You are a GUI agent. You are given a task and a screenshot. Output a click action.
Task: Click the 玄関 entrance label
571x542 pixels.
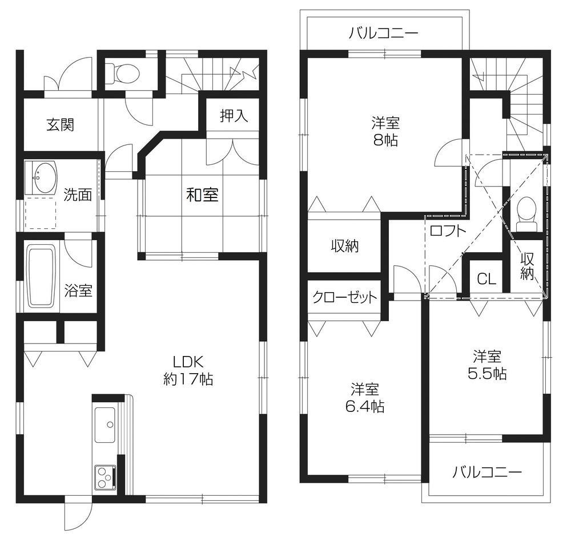click(x=61, y=124)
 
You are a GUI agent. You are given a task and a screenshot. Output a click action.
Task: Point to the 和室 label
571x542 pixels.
click(x=202, y=195)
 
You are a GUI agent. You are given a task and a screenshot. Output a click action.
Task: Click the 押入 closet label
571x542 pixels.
click(x=234, y=116)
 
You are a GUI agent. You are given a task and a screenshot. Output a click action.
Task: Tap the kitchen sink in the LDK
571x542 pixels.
click(x=104, y=424)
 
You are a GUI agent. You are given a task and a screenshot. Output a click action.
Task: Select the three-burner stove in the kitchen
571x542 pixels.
click(x=105, y=477)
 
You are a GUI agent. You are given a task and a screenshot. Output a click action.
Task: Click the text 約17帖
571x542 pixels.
click(x=188, y=379)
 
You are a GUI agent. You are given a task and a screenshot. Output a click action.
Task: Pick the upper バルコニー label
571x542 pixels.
click(x=384, y=33)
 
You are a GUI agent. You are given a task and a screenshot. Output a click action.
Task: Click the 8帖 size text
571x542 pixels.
click(x=385, y=141)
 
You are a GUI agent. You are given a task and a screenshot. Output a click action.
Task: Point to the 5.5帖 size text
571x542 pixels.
click(x=487, y=374)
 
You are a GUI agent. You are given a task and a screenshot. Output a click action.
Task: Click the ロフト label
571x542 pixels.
click(x=448, y=231)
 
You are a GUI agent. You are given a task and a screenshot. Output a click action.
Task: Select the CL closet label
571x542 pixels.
click(x=486, y=279)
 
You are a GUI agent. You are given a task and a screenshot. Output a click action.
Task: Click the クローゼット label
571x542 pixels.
click(x=344, y=297)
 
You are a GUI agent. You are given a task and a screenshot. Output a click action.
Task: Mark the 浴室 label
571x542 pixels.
click(x=78, y=290)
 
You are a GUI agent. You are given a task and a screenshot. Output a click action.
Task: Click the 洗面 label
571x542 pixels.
click(x=78, y=195)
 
